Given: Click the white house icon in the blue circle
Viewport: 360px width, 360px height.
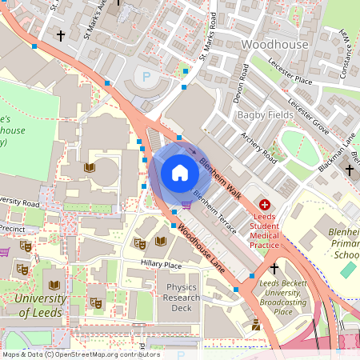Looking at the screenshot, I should pyautogui.click(x=179, y=172).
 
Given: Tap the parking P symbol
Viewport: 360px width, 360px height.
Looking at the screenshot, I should pyautogui.click(x=146, y=78).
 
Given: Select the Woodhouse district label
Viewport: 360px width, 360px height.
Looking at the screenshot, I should pyautogui.click(x=274, y=45).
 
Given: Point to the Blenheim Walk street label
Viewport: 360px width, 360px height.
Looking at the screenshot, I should pyautogui.click(x=220, y=169).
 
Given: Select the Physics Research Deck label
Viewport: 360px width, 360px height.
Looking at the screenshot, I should pyautogui.click(x=182, y=297).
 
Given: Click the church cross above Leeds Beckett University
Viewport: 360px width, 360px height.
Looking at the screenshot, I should pyautogui.click(x=274, y=269).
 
